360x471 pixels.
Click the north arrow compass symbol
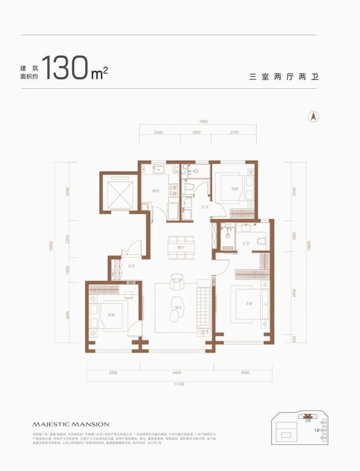314,116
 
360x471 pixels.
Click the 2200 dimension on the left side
67,239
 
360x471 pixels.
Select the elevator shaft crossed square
118,194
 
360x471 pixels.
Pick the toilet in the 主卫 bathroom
260,238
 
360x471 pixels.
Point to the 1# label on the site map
316,431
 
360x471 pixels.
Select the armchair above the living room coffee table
176,282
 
